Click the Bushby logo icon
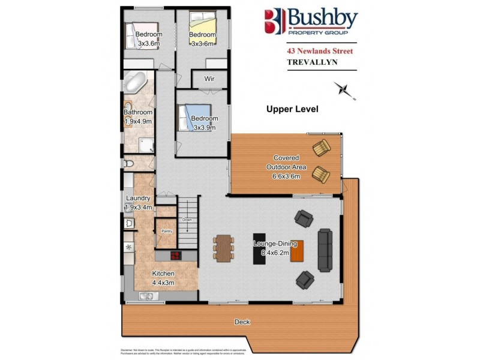click(x=274, y=22)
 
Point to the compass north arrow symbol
click(x=344, y=89)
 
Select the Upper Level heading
click(x=292, y=109)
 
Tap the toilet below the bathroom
click(x=128, y=163)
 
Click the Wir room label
click(x=209, y=79)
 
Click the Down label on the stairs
click(x=187, y=220)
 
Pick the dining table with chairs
click(x=223, y=247)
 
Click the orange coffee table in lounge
click(x=296, y=249)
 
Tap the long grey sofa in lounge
click(x=325, y=248)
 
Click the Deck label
click(x=242, y=322)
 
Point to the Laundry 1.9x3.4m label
click(x=138, y=203)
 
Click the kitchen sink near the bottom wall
click(x=146, y=295)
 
